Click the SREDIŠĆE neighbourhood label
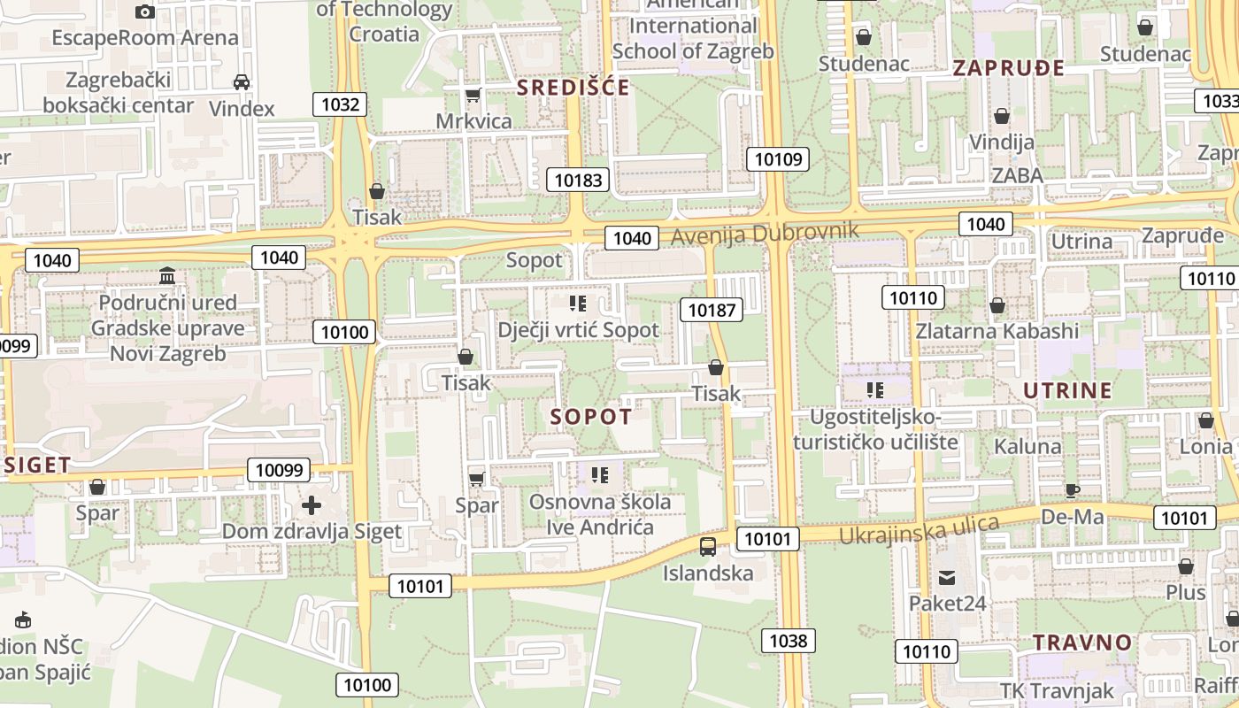tap(573, 87)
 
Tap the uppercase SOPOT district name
tap(591, 417)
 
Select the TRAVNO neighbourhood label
tap(1082, 643)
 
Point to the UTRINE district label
tap(1067, 390)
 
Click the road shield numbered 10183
tap(578, 181)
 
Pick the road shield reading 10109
tap(778, 159)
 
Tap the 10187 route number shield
tap(712, 310)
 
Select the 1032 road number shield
tap(340, 104)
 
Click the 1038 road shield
tap(788, 640)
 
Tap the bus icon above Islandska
tap(708, 547)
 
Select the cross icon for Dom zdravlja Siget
tap(312, 505)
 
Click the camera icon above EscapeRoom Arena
tap(145, 12)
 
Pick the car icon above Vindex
tap(241, 82)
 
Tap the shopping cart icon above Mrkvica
tap(473, 95)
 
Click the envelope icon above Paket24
tap(948, 578)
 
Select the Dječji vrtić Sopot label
tap(578, 330)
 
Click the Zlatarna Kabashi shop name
tap(997, 331)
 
